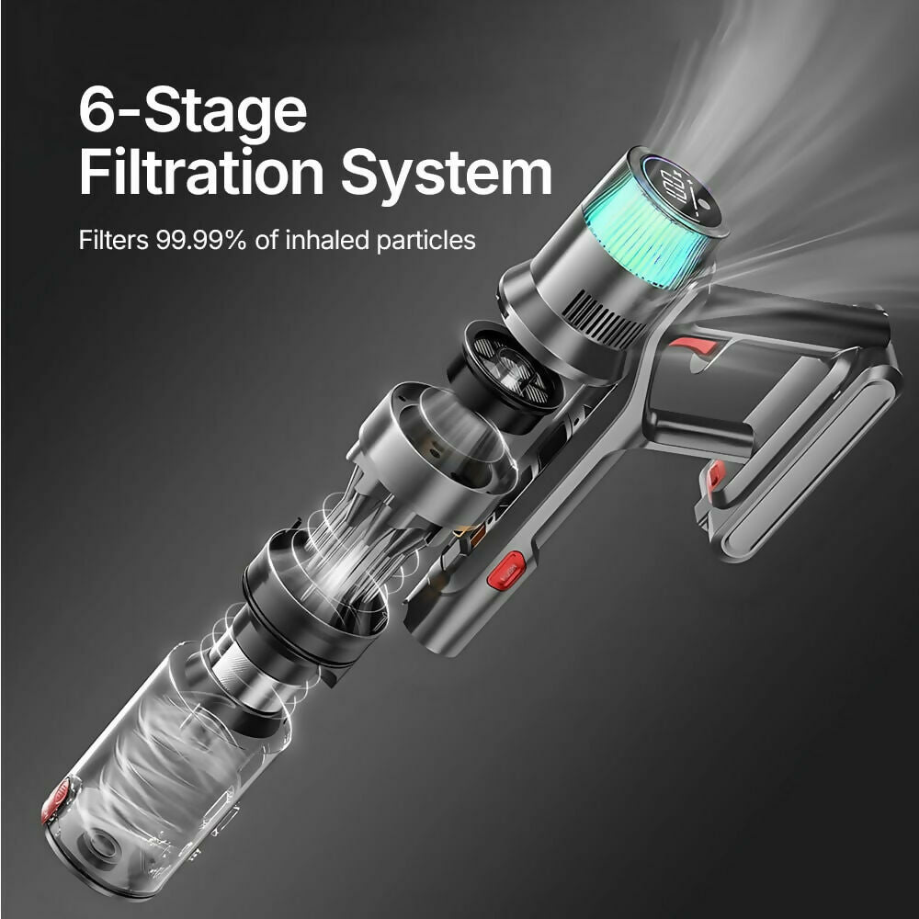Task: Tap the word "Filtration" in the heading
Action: point(203,174)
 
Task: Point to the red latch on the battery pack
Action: point(715,474)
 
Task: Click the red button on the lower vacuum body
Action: point(505,570)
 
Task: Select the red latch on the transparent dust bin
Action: point(55,800)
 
